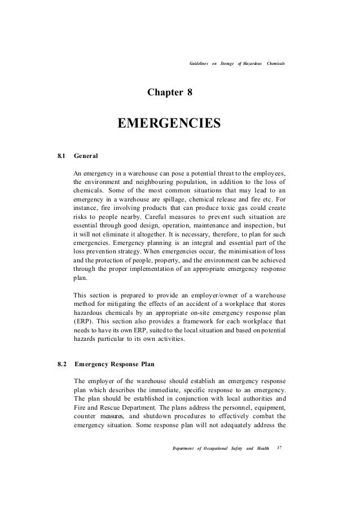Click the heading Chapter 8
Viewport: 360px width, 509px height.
tap(170, 91)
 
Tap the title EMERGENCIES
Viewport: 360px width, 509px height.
tap(168, 122)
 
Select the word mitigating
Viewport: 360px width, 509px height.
tap(124, 304)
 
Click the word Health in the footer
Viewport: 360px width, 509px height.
tap(264, 449)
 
